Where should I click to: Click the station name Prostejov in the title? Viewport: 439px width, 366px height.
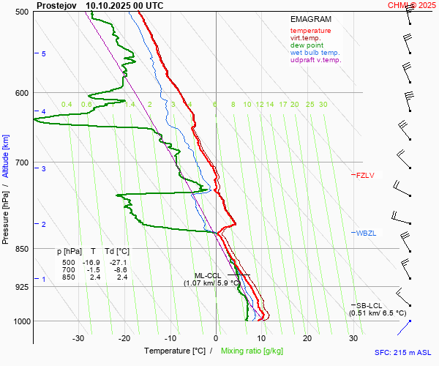56,5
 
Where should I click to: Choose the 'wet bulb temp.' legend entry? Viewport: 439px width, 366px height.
315,53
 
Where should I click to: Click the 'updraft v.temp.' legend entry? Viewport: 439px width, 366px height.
315,60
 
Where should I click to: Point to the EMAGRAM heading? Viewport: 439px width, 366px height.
310,20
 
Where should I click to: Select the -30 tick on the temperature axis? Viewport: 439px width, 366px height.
78,339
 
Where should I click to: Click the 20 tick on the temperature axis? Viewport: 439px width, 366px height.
307,339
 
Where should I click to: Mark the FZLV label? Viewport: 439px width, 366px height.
365,175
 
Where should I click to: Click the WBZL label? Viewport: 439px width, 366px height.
366,233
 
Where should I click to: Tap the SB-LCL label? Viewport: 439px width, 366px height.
369,305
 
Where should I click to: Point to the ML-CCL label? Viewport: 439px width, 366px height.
208,275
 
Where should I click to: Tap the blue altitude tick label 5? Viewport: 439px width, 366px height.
43,54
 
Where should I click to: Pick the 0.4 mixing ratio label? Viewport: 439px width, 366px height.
67,105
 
